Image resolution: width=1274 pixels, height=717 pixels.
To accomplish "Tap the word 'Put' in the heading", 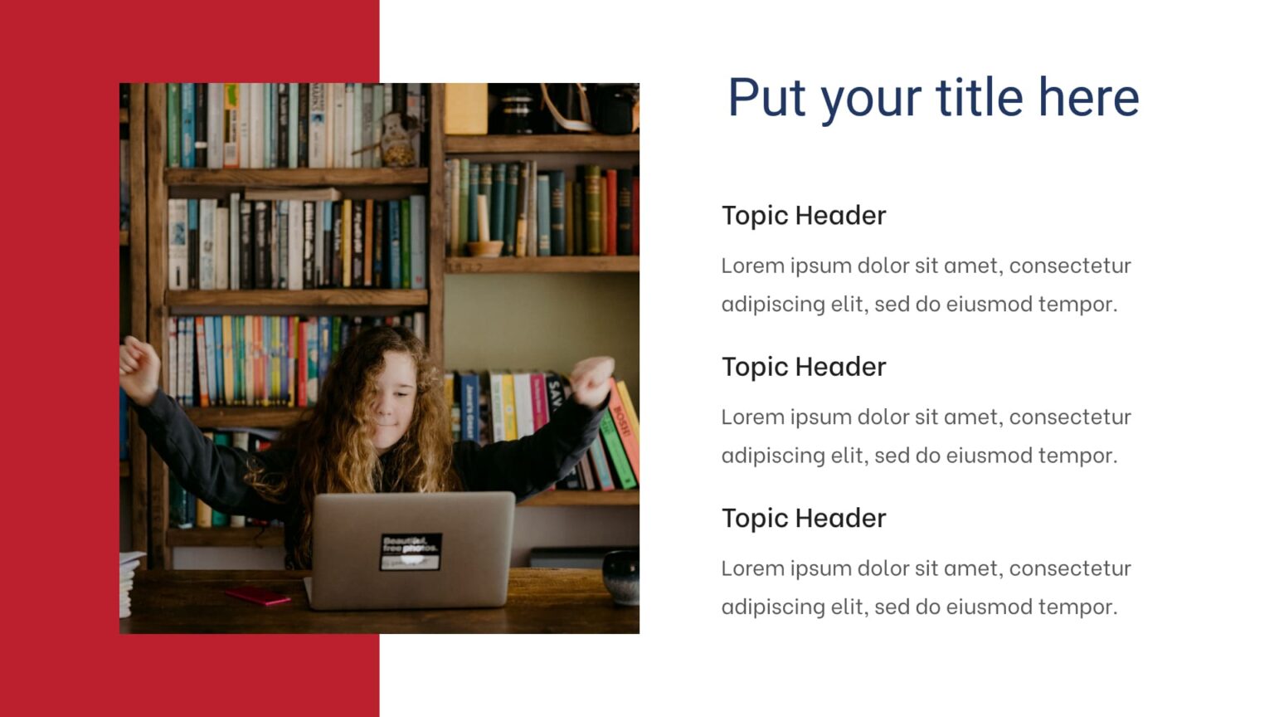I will click(766, 97).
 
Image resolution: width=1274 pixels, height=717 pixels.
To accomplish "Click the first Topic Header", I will click(803, 216).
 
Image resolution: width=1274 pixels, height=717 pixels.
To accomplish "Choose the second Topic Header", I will click(803, 367).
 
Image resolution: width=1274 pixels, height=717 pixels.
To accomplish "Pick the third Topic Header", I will click(803, 519).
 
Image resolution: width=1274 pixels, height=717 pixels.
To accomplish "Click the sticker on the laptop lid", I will click(411, 551).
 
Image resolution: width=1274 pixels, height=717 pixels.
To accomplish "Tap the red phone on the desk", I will click(258, 595).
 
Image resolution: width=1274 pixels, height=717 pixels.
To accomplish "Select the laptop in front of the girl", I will click(412, 549).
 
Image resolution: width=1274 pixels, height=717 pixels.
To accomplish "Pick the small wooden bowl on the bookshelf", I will click(484, 247).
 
